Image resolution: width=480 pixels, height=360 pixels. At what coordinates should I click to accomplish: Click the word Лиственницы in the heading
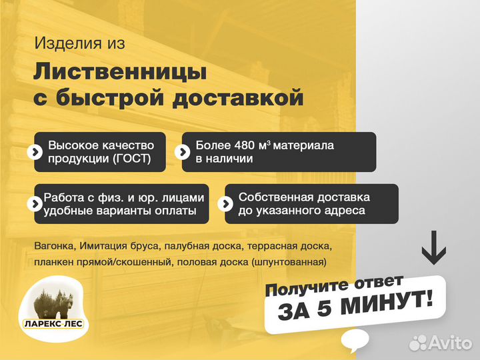(x=120, y=71)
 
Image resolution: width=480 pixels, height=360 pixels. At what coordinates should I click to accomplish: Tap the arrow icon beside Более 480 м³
(x=182, y=151)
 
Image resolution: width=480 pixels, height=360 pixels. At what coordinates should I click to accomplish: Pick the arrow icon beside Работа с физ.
(x=33, y=203)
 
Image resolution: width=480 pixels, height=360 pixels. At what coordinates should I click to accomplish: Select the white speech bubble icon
(x=355, y=341)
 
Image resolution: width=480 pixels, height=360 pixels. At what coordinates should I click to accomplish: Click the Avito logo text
(x=449, y=343)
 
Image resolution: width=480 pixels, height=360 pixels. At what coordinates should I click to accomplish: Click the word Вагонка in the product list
(x=54, y=247)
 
